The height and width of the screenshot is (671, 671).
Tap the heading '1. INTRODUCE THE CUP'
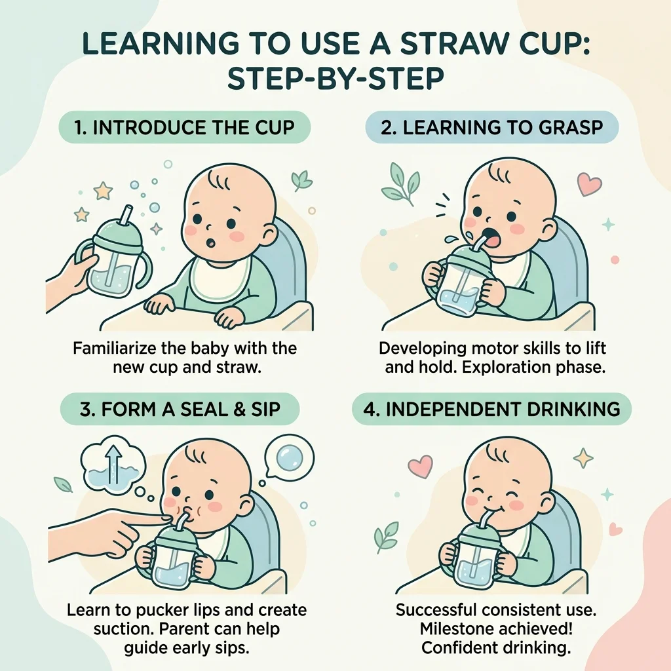[184, 128]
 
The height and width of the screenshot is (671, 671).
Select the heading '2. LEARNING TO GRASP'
[491, 128]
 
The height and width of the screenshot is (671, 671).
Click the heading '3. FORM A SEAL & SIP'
[180, 409]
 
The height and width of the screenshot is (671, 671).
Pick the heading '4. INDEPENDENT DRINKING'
[491, 409]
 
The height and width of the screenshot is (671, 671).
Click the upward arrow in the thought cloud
[113, 465]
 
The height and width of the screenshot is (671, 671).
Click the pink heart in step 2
[589, 183]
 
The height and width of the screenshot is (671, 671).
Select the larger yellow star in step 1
[103, 191]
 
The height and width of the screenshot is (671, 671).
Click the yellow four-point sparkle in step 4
[583, 458]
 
